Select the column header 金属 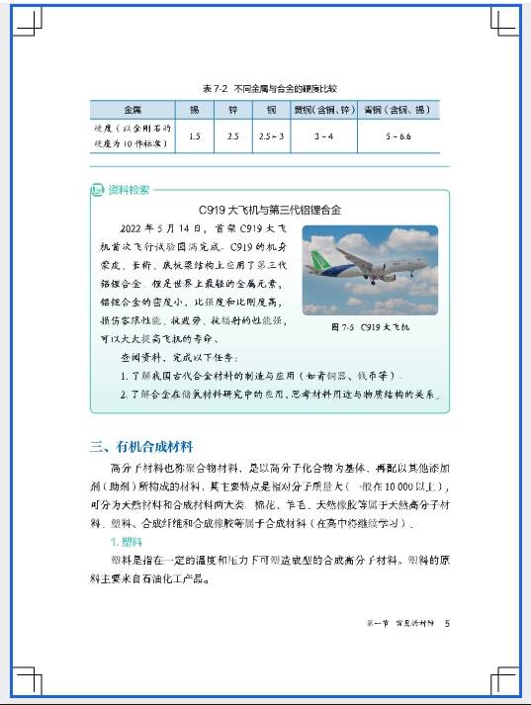click(131, 109)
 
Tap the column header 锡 click(194, 109)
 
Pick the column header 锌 click(233, 109)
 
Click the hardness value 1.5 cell click(194, 135)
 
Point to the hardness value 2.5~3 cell click(271, 135)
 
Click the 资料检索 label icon click(97, 190)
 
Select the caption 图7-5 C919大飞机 click(369, 325)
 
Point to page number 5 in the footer click(448, 623)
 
